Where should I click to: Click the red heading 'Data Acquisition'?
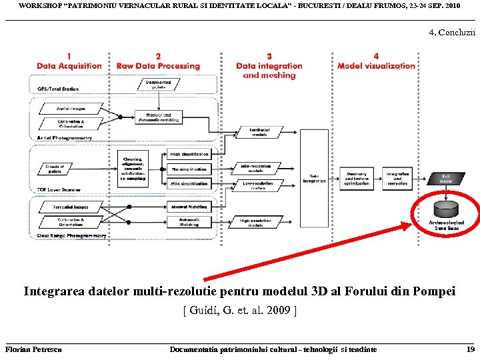69,66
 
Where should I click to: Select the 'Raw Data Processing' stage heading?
158,66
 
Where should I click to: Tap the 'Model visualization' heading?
376,66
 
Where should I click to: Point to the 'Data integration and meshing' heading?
269,71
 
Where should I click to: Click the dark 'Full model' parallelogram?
447,178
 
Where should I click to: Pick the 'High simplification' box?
189,155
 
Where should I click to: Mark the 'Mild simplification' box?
189,183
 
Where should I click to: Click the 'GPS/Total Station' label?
58,88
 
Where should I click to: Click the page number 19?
471,349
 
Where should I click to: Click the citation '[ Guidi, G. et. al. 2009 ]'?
239,311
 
